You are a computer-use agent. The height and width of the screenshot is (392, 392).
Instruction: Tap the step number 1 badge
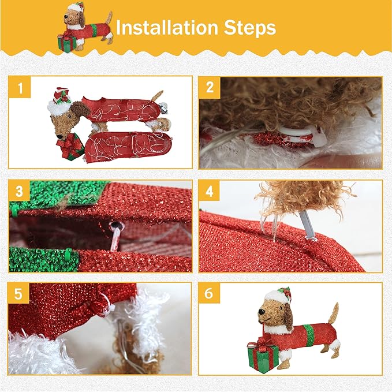tap(20, 88)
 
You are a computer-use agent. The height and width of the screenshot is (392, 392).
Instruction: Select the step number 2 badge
tap(210, 88)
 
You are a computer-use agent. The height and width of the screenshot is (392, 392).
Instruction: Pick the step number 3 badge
tap(20, 191)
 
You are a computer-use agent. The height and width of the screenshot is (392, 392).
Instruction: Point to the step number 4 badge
tap(210, 191)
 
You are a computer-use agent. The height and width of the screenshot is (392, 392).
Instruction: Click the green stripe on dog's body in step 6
tap(309, 335)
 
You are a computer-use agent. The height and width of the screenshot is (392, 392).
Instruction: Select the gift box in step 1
tap(70, 146)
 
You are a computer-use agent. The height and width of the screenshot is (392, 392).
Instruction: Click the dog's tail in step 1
tap(156, 96)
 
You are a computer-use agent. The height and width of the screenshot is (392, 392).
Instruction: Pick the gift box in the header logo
tap(66, 43)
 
